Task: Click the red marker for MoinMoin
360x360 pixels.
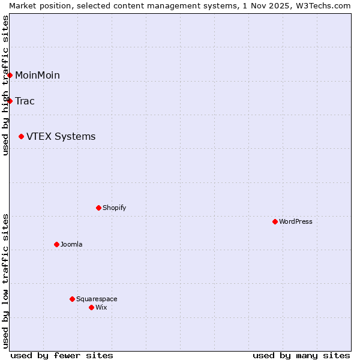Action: point(10,75)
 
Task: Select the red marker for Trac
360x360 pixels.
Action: point(10,101)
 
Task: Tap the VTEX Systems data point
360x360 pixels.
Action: point(22,137)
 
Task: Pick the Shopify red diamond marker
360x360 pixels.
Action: point(98,208)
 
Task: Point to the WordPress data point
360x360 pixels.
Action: point(275,221)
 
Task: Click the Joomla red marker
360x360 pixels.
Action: point(56,244)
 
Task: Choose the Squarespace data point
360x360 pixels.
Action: point(72,299)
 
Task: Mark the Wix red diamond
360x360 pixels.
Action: point(91,307)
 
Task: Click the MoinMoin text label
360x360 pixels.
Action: point(37,75)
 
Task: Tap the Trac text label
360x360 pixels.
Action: point(25,101)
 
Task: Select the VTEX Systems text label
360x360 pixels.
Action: point(61,137)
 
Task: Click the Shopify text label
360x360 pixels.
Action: point(114,208)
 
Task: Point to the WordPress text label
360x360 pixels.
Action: point(295,221)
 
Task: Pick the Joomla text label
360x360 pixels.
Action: point(71,244)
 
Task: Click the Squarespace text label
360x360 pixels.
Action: point(97,299)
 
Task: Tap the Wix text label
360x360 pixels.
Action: point(101,307)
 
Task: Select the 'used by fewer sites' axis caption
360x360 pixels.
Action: point(62,355)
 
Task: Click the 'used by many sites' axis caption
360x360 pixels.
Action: point(301,355)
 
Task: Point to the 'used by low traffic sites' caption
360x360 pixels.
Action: point(5,281)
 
